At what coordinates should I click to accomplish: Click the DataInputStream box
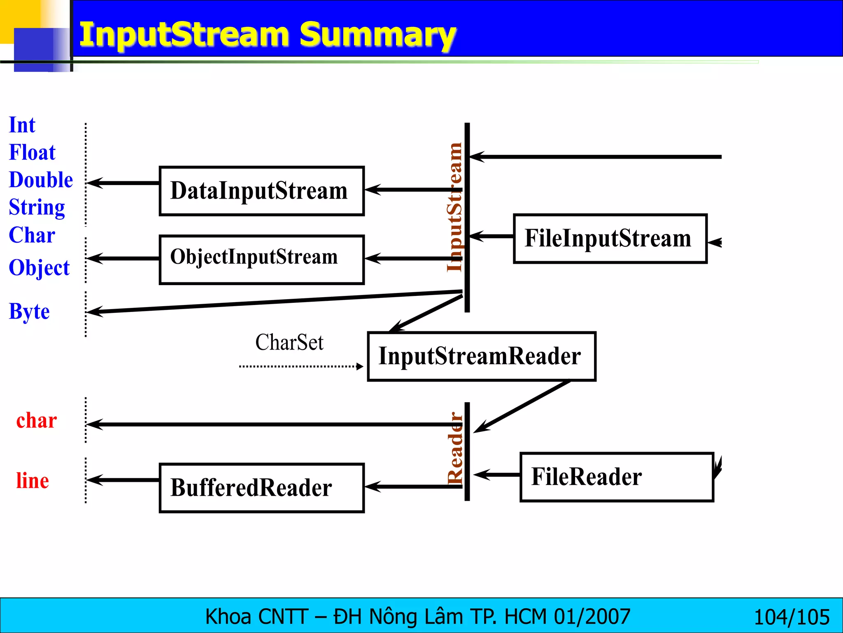pos(261,191)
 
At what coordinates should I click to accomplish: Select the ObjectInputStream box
pos(261,260)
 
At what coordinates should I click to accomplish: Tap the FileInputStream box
pos(610,239)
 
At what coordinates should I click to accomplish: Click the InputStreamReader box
pos(481,356)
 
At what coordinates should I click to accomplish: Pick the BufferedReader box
pos(261,488)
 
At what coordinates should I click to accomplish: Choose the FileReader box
pos(616,477)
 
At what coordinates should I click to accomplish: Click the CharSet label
pos(289,342)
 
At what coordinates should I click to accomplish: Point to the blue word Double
pos(41,180)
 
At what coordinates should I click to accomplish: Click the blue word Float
pos(32,152)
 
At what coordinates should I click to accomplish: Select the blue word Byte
pos(29,311)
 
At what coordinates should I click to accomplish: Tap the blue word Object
pos(39,268)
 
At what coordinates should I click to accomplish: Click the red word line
pos(33,481)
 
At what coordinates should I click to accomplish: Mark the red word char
pos(36,421)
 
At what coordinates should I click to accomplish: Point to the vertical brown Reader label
pos(455,448)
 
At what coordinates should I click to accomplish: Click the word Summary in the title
pos(377,35)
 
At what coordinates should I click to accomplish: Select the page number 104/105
pos(791,617)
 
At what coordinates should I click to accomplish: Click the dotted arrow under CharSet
pos(300,366)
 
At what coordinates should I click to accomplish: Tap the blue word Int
pos(22,125)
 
